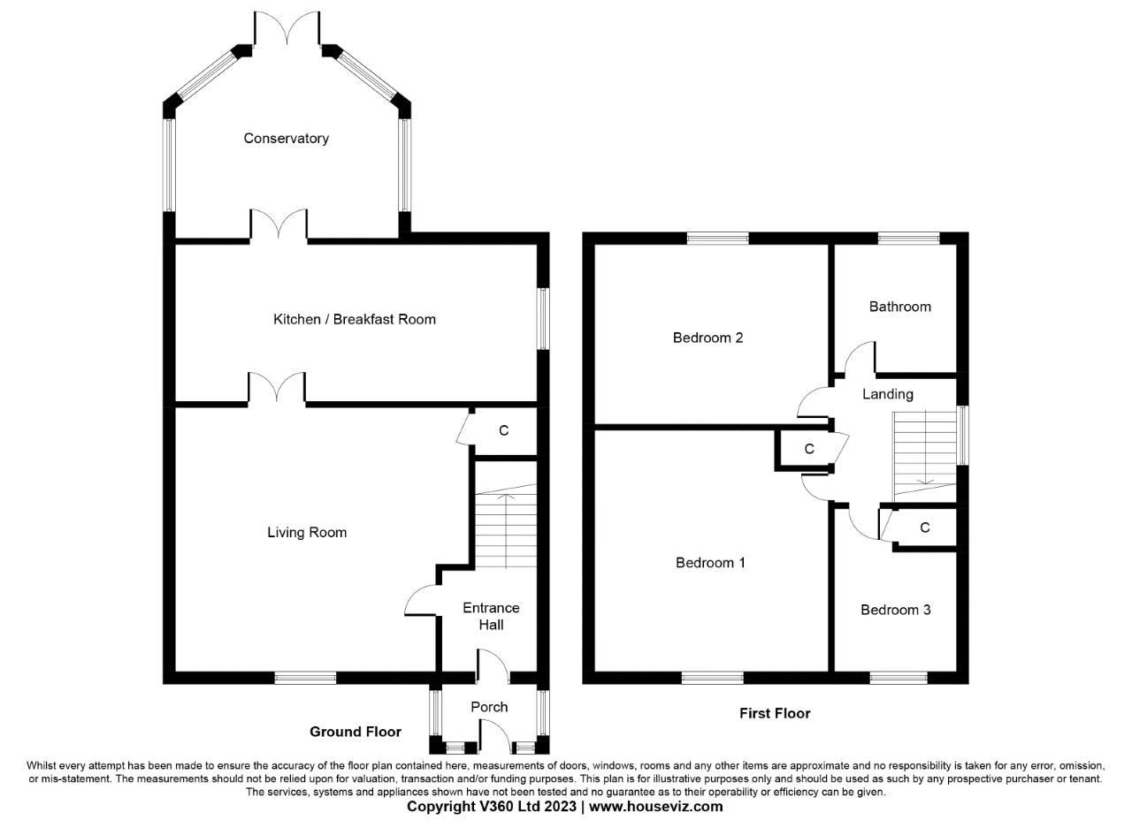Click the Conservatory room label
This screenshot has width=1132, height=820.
pyautogui.click(x=286, y=138)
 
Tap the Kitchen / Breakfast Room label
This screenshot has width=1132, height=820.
pyautogui.click(x=354, y=319)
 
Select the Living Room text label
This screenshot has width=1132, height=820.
pyautogui.click(x=307, y=532)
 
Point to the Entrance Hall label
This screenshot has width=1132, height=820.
pyautogui.click(x=491, y=616)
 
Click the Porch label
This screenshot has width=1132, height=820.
pyautogui.click(x=489, y=707)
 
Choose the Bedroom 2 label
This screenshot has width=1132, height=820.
pyautogui.click(x=707, y=338)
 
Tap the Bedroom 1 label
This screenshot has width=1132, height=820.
pyautogui.click(x=710, y=562)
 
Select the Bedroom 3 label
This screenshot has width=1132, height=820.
pyautogui.click(x=895, y=610)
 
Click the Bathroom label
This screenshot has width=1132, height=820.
pyautogui.click(x=899, y=307)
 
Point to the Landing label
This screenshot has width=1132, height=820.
pyautogui.click(x=887, y=394)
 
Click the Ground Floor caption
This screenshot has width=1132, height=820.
pyautogui.click(x=355, y=732)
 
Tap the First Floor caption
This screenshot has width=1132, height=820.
pyautogui.click(x=775, y=713)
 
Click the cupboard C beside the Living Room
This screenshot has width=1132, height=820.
pyautogui.click(x=503, y=431)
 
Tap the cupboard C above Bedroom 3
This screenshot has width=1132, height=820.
pyautogui.click(x=924, y=528)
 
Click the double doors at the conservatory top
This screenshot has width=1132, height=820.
pyautogui.click(x=287, y=31)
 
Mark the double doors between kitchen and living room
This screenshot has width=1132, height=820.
pyautogui.click(x=277, y=390)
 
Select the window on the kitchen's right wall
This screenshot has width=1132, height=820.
pyautogui.click(x=544, y=318)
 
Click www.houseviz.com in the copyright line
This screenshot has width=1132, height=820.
pyautogui.click(x=655, y=807)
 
